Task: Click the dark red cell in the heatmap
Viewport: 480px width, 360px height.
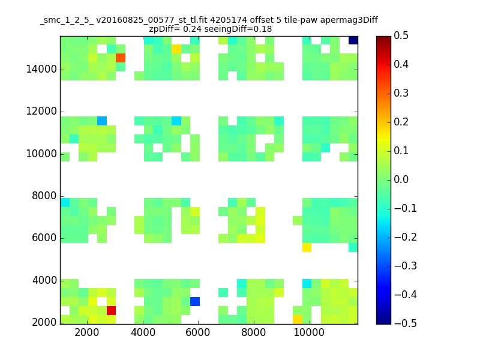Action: (111, 310)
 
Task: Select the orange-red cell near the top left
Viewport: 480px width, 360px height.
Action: (121, 58)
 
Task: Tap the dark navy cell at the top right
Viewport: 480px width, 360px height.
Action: (353, 40)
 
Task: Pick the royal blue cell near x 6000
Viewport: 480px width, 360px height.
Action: (195, 301)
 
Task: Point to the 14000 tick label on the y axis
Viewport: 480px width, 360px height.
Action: (41, 70)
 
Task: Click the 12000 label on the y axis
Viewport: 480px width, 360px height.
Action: (41, 112)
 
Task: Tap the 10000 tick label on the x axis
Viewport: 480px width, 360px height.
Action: (310, 334)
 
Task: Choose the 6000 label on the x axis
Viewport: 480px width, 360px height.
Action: (199, 334)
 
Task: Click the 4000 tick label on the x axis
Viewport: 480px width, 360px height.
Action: (143, 334)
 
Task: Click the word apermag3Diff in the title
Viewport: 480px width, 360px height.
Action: (349, 20)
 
